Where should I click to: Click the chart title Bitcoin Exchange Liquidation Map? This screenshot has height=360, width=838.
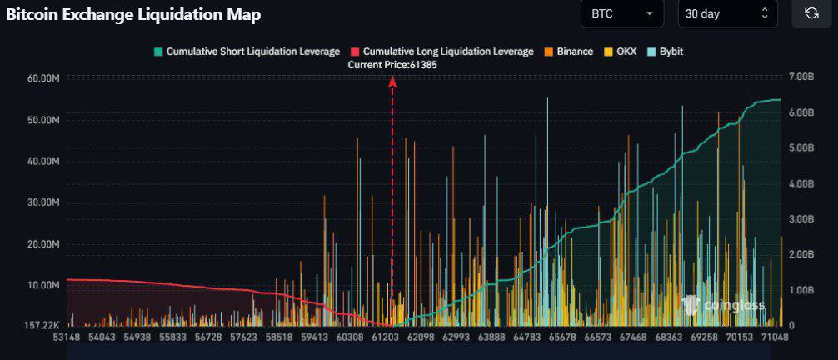(x=133, y=14)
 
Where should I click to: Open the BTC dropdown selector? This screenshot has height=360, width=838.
(x=622, y=13)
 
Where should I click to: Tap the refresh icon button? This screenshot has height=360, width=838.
(x=811, y=13)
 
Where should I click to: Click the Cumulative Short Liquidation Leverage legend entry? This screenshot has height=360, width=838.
(x=247, y=52)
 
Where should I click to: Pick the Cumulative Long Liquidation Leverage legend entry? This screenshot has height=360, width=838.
(x=441, y=52)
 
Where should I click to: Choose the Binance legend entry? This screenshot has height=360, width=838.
(x=569, y=52)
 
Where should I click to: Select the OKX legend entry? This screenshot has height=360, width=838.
(x=620, y=52)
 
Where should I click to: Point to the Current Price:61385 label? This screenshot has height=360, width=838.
(x=392, y=64)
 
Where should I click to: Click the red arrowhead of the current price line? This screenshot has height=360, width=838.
(x=392, y=81)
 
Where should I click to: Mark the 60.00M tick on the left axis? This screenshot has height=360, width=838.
(x=44, y=78)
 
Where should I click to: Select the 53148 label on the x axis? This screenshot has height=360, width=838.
(x=66, y=337)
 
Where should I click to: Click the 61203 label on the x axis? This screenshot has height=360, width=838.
(x=385, y=337)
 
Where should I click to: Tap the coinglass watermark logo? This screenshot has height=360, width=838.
(x=722, y=305)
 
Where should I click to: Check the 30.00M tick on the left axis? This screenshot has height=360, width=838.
(x=44, y=202)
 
